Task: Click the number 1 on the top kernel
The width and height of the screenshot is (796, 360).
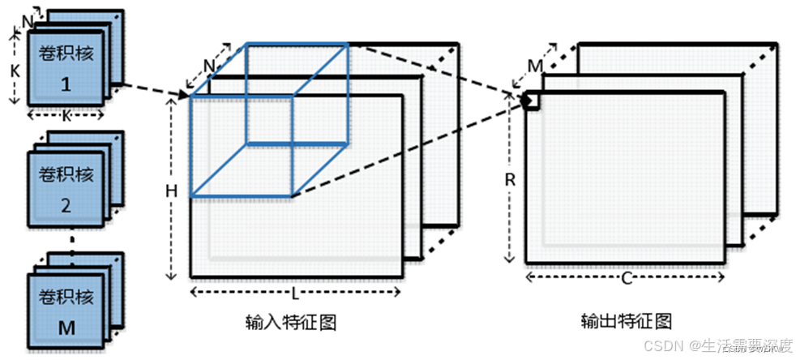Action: (x=67, y=84)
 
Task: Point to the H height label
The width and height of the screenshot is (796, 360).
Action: (x=171, y=191)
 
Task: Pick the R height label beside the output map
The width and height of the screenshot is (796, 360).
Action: (x=510, y=180)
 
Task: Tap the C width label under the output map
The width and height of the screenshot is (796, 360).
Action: (x=626, y=278)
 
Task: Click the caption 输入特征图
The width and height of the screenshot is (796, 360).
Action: (x=291, y=322)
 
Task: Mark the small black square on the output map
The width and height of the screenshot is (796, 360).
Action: (x=531, y=100)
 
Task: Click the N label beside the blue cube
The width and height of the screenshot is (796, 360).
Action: (x=208, y=64)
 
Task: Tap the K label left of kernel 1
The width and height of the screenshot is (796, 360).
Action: (x=15, y=71)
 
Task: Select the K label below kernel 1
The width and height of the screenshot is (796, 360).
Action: (x=67, y=116)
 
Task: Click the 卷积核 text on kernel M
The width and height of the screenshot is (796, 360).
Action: (x=67, y=295)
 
